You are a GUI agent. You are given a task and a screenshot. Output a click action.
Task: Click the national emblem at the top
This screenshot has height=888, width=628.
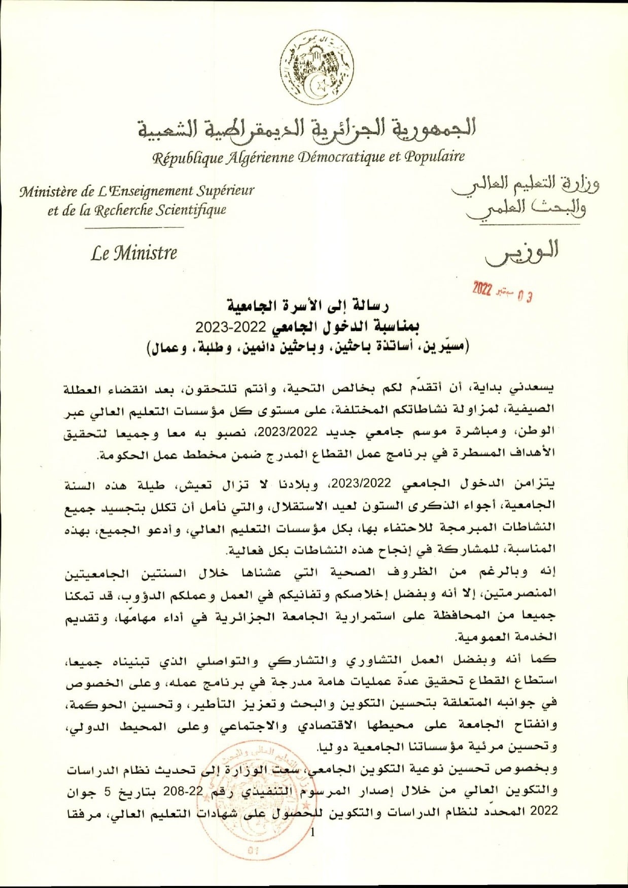(318, 68)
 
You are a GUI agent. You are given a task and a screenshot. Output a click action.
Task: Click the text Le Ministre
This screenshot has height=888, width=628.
(134, 253)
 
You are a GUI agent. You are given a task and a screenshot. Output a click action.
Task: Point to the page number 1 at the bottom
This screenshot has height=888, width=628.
(312, 832)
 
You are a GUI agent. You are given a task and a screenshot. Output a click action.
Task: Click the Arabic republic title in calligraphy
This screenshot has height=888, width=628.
(307, 128)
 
